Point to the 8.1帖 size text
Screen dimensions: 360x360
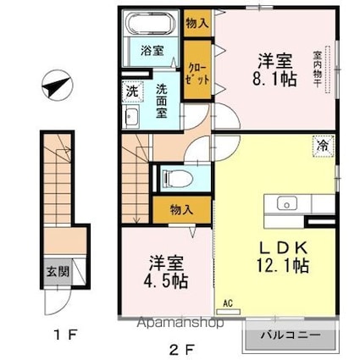(x=277, y=83)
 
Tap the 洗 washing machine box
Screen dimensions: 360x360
(x=132, y=90)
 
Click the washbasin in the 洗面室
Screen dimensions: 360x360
(x=134, y=117)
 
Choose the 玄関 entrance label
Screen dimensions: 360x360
(x=53, y=273)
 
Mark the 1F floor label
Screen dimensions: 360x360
(x=64, y=333)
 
